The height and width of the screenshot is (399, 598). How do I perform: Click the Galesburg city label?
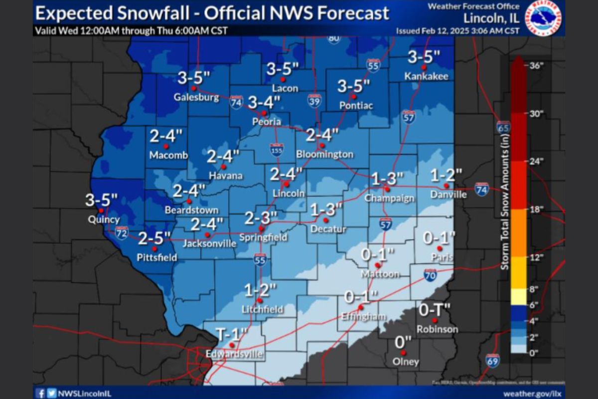tap(196, 97)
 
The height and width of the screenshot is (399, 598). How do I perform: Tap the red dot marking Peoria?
tap(265, 113)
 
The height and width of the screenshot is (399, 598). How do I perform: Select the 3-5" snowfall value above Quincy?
tap(101, 200)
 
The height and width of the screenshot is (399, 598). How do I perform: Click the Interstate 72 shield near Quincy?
tap(122, 232)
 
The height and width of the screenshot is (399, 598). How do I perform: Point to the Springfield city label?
tap(263, 237)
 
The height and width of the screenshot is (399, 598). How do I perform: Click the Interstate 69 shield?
tap(492, 361)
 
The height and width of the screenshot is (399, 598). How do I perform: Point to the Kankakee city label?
tap(426, 76)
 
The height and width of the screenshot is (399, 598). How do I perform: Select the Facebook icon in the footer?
tap(41, 393)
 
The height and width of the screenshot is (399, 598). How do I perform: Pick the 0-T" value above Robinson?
tap(434, 310)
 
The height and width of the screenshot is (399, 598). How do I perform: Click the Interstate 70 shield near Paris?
tap(431, 275)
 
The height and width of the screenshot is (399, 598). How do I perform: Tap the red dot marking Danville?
tap(447, 186)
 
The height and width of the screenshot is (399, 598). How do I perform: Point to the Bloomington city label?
tap(324, 155)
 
